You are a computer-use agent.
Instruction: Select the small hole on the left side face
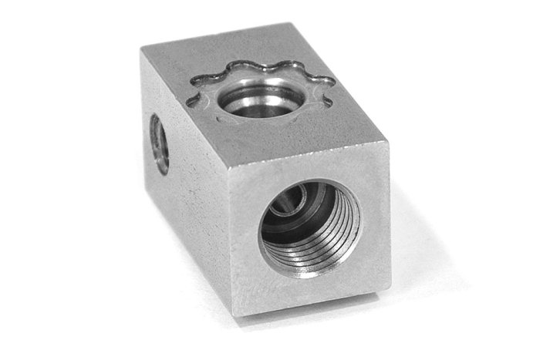pyautogui.click(x=159, y=143)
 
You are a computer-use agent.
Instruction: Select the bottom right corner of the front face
pyautogui.click(x=383, y=289)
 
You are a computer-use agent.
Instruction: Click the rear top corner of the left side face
pyautogui.click(x=141, y=46)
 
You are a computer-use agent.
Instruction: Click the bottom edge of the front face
pyautogui.click(x=309, y=302)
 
